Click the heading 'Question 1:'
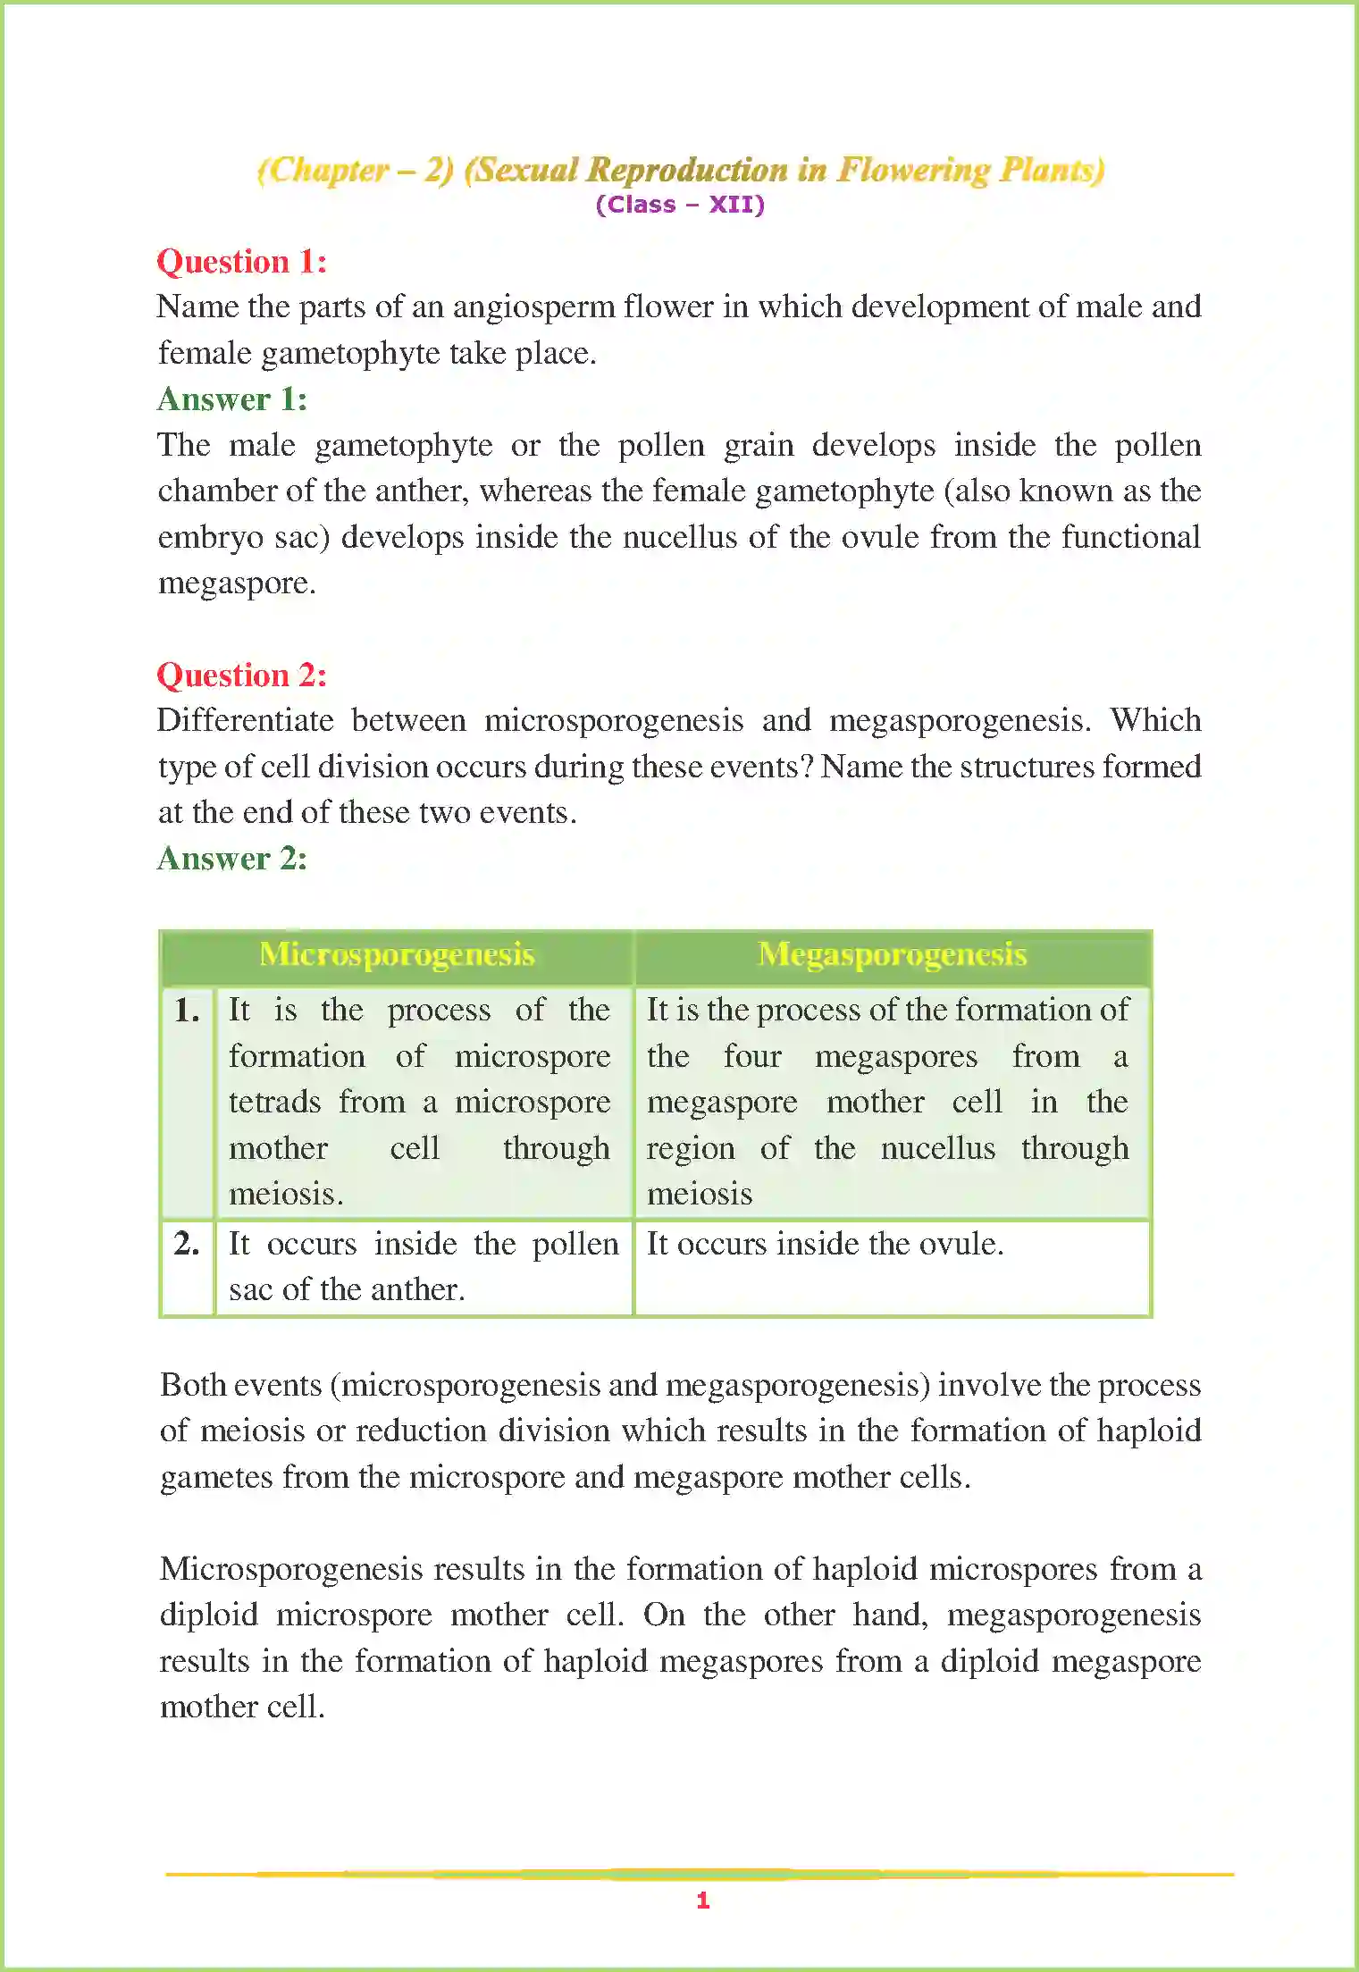click(x=241, y=262)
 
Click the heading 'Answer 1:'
click(x=232, y=399)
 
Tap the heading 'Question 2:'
click(x=241, y=676)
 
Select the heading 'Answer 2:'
click(x=232, y=859)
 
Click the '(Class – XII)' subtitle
click(x=680, y=205)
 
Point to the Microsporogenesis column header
click(x=397, y=955)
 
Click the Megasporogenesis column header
click(x=892, y=955)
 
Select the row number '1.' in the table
click(x=187, y=1011)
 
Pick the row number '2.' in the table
click(x=187, y=1244)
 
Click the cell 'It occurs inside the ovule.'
click(x=825, y=1244)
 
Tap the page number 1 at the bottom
click(x=703, y=1901)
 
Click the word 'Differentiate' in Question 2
click(x=245, y=721)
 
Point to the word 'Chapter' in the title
click(x=329, y=170)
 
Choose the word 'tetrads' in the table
click(x=274, y=1103)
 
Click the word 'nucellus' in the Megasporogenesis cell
click(x=937, y=1148)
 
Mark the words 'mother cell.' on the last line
click(x=242, y=1708)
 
